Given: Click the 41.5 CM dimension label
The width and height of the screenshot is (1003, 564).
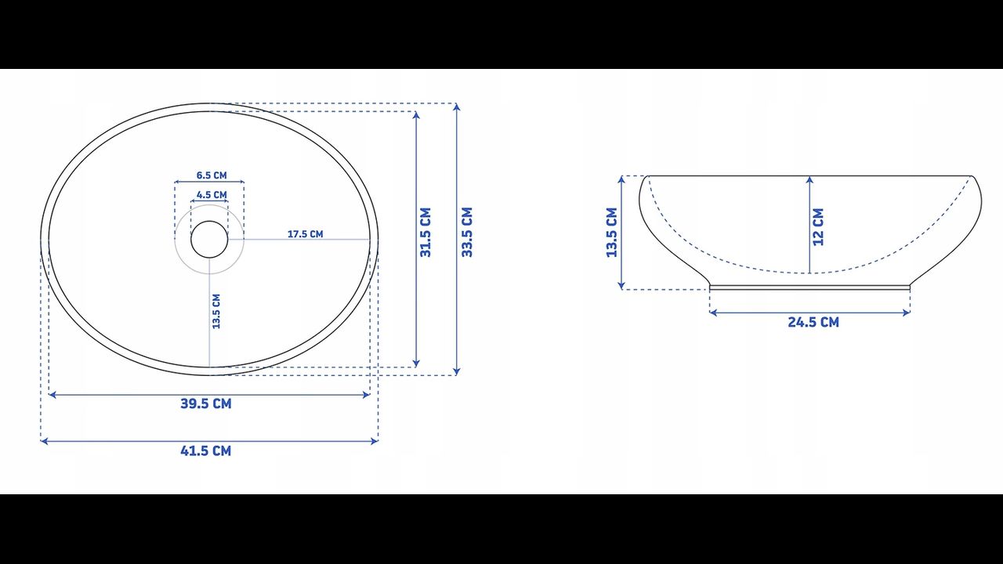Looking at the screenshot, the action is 206,450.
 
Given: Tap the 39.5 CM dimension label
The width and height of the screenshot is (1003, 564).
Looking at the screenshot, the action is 206,403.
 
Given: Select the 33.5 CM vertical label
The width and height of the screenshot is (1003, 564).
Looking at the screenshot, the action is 467,232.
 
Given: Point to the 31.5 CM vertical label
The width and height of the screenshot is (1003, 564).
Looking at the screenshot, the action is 425,232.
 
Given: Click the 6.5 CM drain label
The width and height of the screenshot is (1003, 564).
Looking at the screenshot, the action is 212,175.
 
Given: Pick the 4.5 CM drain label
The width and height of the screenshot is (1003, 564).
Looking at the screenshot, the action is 212,195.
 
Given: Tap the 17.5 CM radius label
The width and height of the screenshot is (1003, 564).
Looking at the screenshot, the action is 306,234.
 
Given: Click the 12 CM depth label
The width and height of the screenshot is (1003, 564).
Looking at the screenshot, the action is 818,227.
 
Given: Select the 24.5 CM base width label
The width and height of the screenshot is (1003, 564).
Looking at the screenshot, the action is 813,322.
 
